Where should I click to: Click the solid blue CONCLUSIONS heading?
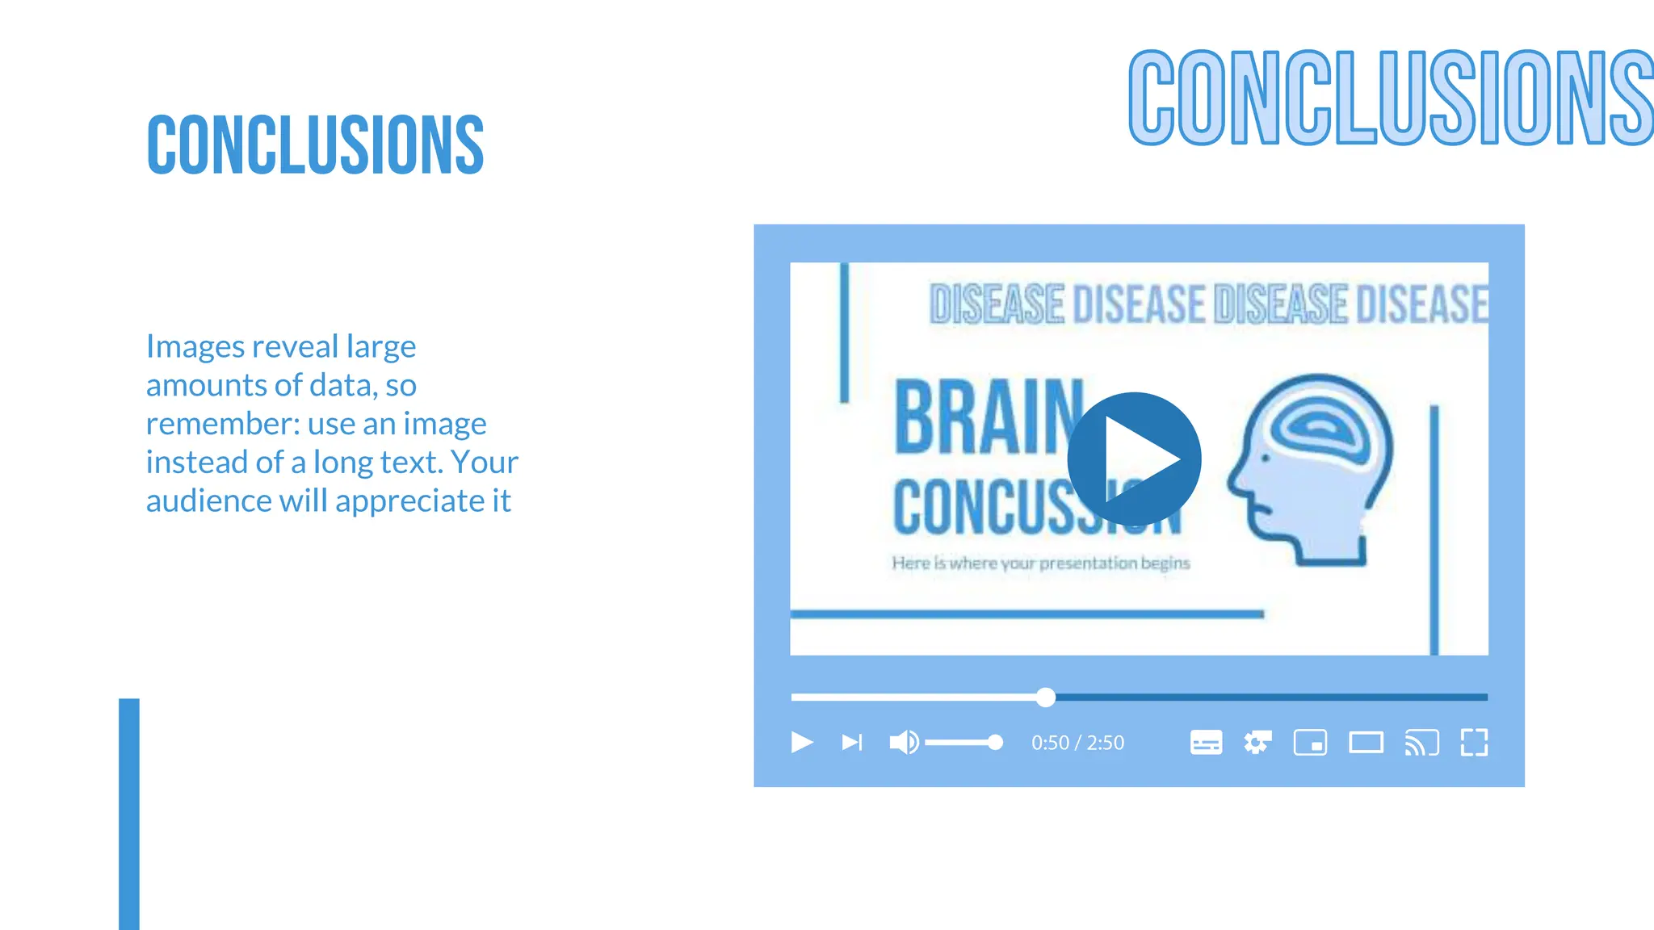(315, 145)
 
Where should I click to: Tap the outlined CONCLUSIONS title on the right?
(1389, 98)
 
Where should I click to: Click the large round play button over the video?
(1134, 459)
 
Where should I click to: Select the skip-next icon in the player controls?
(852, 742)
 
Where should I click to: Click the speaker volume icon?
(903, 742)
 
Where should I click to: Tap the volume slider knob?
(995, 742)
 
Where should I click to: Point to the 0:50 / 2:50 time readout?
(1077, 743)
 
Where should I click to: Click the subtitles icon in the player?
(1206, 742)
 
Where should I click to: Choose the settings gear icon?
(1257, 742)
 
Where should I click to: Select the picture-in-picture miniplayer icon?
(1310, 742)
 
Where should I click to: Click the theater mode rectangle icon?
(1366, 742)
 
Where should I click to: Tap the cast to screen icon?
(1421, 742)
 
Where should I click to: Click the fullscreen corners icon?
(1474, 742)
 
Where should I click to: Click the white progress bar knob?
(1046, 697)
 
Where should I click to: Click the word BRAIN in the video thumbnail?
(987, 418)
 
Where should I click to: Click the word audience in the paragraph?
(208, 501)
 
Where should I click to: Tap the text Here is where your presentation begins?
(1040, 563)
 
